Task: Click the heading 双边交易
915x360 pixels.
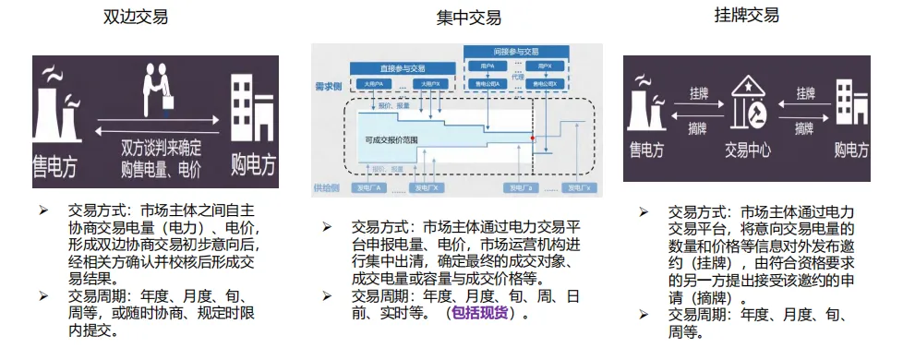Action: pos(137,18)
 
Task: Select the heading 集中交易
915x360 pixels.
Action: pos(469,18)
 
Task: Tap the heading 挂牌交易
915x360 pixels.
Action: pos(746,15)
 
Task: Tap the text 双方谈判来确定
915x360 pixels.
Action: pos(162,148)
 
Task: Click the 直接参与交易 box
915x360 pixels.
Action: pos(403,68)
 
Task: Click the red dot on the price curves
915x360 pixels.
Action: pos(532,138)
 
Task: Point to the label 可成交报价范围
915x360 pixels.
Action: pos(391,140)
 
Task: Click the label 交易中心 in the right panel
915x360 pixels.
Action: pos(749,150)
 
